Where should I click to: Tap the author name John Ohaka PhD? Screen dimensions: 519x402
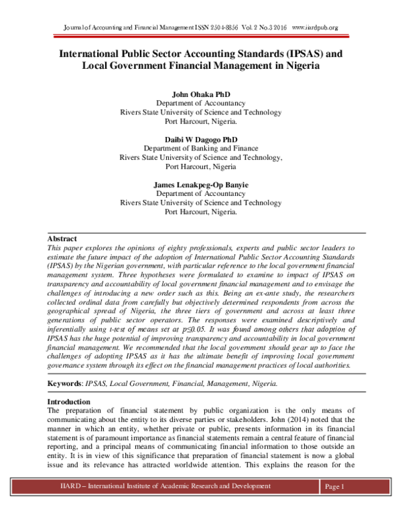(200, 94)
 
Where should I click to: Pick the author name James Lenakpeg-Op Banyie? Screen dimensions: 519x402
(200, 183)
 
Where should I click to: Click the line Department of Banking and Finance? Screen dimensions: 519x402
(200, 148)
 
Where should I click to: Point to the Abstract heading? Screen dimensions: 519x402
(62, 239)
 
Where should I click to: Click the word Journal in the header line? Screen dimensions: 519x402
(76, 27)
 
